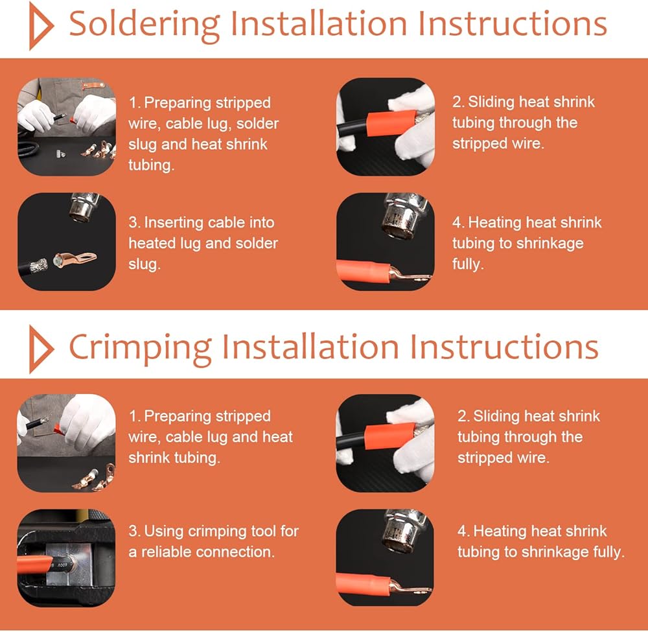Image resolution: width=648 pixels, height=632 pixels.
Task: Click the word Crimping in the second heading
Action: [x=141, y=348]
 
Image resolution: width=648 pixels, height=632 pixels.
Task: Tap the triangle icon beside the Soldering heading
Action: [x=40, y=26]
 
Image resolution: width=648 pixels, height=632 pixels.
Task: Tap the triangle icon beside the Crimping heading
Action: [x=40, y=349]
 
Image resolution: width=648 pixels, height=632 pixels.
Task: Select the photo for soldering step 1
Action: [x=67, y=126]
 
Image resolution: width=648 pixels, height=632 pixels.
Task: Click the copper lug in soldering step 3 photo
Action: [x=75, y=259]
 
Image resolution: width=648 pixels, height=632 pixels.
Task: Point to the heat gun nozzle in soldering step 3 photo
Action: [x=83, y=207]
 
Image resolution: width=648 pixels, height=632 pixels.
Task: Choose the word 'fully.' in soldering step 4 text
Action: [x=468, y=264]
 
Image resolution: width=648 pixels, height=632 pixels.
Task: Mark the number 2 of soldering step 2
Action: [x=456, y=102]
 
